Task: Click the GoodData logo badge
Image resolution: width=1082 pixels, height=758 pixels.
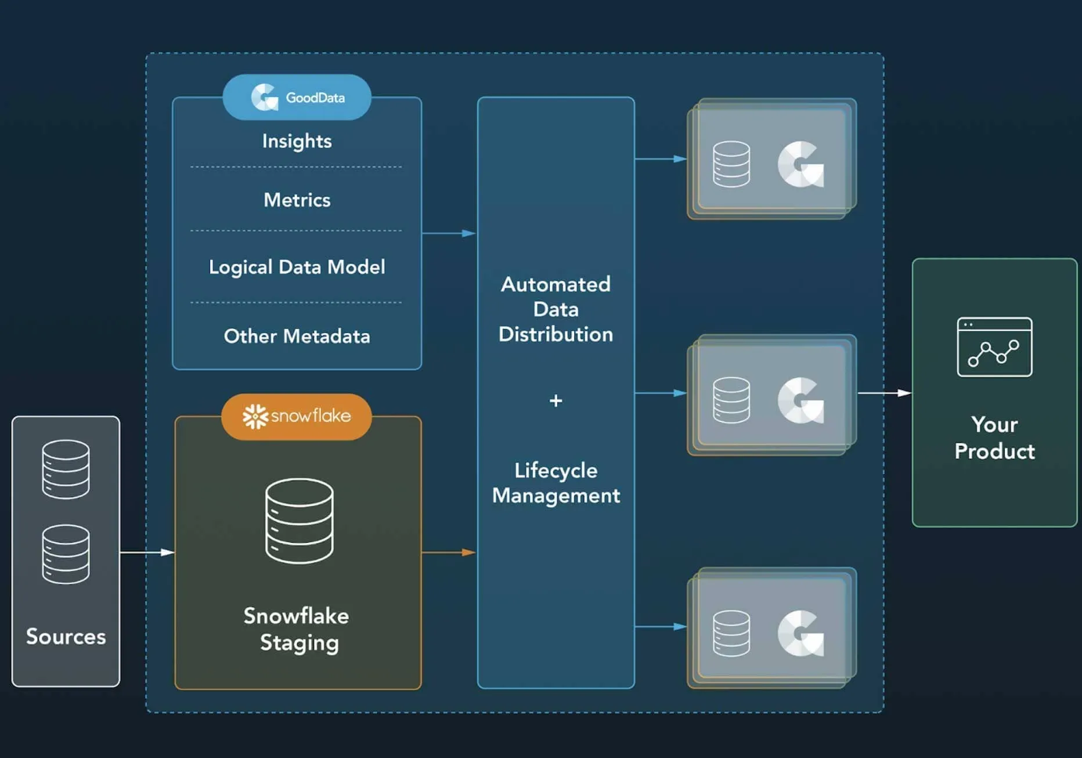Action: pos(297,97)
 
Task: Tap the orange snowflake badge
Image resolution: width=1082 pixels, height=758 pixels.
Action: pos(297,416)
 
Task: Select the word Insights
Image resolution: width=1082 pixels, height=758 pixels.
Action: pos(297,141)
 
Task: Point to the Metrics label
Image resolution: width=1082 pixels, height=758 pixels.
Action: pos(297,200)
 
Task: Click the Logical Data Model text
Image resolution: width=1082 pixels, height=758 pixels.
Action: pos(297,267)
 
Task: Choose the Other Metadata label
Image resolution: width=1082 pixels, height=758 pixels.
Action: pos(297,336)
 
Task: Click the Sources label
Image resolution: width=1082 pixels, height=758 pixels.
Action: pos(66,637)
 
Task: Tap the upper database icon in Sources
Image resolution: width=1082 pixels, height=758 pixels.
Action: pos(66,469)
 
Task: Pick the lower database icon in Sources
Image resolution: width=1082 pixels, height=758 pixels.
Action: pos(66,554)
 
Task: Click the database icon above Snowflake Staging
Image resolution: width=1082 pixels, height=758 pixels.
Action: pos(300,521)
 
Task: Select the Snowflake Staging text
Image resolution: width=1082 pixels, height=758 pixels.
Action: pos(297,629)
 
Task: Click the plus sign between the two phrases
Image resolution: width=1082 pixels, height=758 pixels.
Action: pos(556,400)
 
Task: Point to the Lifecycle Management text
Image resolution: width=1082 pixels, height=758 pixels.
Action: pos(556,483)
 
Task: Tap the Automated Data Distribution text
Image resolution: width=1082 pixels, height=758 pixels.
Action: pos(556,309)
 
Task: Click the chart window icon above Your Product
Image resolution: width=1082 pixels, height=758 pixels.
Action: pos(994,346)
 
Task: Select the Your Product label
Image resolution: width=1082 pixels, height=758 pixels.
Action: pos(994,438)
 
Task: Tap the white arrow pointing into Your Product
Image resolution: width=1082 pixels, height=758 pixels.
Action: pos(884,393)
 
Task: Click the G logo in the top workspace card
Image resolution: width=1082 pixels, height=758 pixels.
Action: pos(800,164)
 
